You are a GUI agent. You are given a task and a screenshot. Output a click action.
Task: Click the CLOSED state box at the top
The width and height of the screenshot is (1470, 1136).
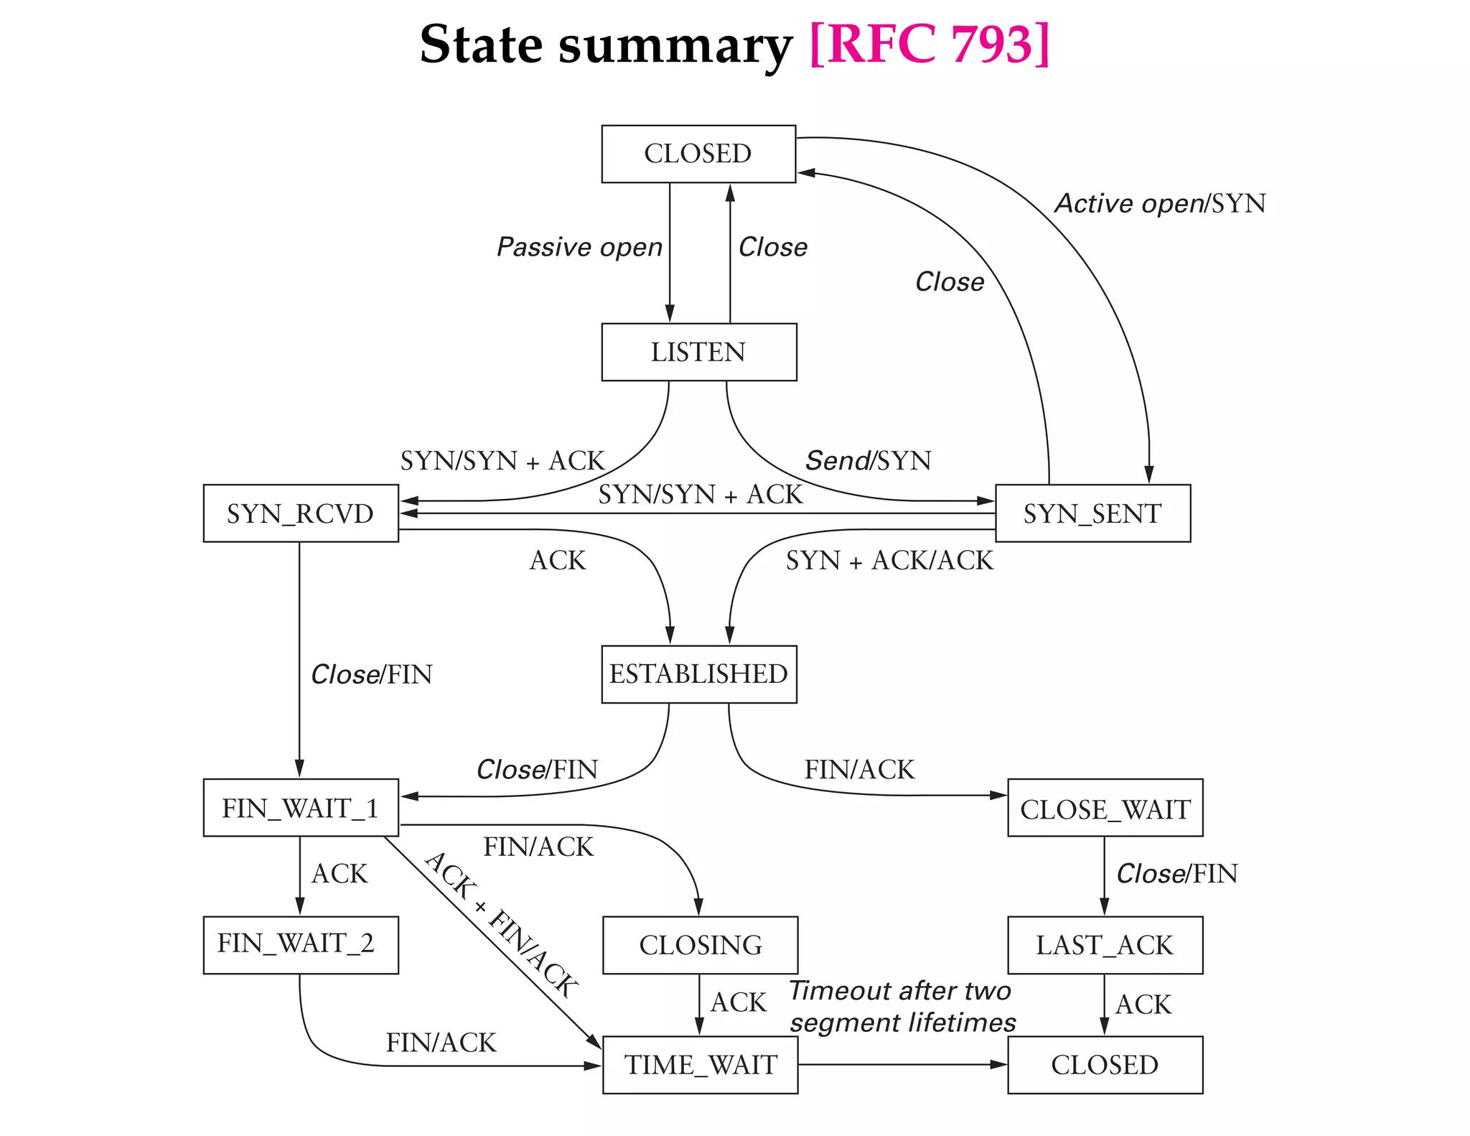[x=698, y=154]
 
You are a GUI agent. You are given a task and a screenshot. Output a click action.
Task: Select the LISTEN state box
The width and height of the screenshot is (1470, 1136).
[x=698, y=352]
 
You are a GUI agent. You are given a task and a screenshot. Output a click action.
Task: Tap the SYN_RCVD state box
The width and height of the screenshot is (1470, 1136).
[x=301, y=513]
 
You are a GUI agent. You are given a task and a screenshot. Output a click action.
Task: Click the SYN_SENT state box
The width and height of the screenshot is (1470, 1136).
[x=1092, y=513]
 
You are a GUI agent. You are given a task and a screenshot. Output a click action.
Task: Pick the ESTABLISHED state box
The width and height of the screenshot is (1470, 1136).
[x=698, y=674]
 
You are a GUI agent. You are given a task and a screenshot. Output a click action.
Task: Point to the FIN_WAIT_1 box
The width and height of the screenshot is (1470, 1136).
[x=301, y=808]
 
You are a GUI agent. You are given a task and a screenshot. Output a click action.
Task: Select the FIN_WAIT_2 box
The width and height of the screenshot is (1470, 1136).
[x=301, y=944]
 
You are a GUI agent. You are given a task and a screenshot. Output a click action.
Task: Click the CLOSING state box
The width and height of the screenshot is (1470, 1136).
[x=700, y=945]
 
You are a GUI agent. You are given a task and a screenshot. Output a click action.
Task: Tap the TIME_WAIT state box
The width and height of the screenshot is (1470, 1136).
[x=700, y=1064]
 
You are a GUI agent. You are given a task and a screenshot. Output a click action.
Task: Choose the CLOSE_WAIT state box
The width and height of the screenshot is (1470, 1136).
[x=1105, y=809]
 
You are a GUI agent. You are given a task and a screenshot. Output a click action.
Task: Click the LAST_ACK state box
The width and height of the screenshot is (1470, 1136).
[x=1105, y=945]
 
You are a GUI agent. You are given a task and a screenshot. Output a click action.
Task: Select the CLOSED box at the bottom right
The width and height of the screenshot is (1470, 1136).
[x=1105, y=1064]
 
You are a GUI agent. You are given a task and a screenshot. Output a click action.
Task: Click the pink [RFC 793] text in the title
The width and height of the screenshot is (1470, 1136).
[x=929, y=45]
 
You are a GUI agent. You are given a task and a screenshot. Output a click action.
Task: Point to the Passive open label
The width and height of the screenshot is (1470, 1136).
[x=579, y=247]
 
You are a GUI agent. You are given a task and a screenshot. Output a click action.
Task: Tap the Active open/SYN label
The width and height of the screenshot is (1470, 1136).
[x=1160, y=204]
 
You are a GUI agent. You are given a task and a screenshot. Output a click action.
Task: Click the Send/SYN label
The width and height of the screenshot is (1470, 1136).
[x=868, y=460]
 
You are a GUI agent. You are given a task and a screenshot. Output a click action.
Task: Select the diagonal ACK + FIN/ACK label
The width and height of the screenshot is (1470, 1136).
[x=501, y=925]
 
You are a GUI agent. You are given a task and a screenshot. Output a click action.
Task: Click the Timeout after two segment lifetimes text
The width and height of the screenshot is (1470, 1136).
[x=902, y=1006]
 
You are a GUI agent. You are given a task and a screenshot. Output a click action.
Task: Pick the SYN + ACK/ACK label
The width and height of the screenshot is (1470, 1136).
[x=889, y=560]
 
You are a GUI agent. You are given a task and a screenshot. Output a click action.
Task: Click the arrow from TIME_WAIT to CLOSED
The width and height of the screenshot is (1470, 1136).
[x=902, y=1064]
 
